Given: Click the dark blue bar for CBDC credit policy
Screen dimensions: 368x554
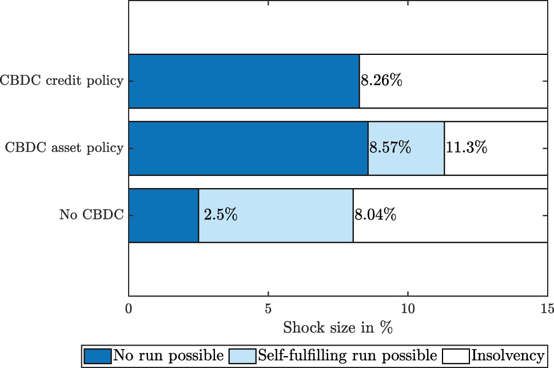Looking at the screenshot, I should [x=244, y=81].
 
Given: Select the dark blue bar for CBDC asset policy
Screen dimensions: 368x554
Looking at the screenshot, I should [x=248, y=148].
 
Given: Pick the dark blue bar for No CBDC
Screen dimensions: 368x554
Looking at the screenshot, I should [x=164, y=215].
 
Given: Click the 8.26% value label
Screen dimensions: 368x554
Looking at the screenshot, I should [x=381, y=81].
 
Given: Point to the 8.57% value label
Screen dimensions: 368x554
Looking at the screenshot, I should [x=390, y=148].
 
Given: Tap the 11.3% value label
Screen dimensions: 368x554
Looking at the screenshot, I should [x=466, y=148].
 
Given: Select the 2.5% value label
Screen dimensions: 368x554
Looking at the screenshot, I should [x=221, y=215].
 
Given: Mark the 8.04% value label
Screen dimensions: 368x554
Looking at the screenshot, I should [x=375, y=215].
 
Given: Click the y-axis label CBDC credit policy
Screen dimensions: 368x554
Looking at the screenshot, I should [x=62, y=81].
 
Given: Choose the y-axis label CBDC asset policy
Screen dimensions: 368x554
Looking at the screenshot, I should [x=64, y=148].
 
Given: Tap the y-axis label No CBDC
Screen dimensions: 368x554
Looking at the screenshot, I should [x=91, y=215].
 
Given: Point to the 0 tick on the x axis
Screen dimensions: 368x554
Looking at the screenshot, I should [x=129, y=309].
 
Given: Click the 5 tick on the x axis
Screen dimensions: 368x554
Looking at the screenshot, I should [x=268, y=309].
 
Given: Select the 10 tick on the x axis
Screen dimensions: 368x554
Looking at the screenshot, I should [x=408, y=309].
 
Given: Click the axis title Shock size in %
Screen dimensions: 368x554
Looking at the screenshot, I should [x=337, y=329].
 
